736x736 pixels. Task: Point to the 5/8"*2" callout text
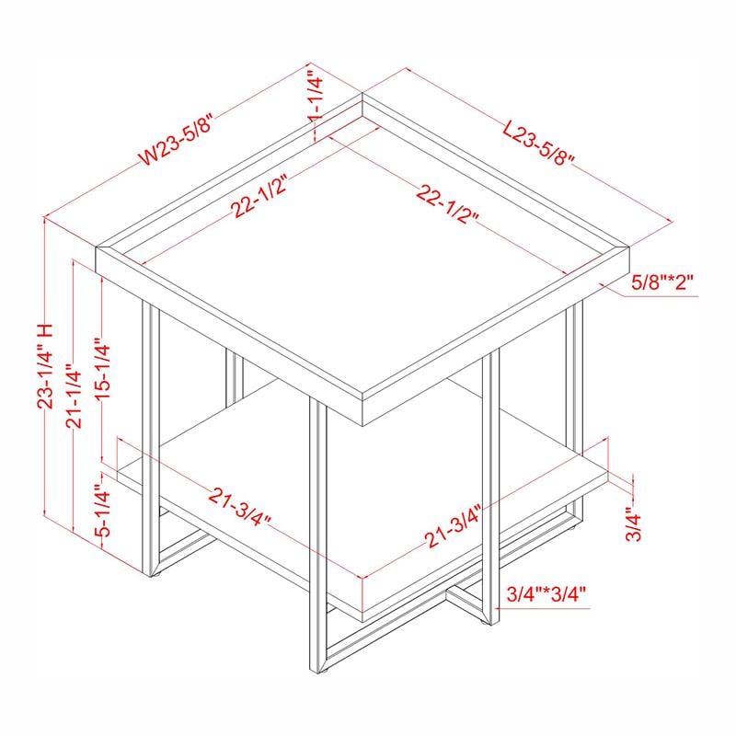pos(661,283)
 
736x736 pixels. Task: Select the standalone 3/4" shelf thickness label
pos(634,525)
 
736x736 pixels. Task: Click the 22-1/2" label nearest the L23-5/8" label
pos(449,204)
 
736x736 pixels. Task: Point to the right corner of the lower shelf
pos(609,476)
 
